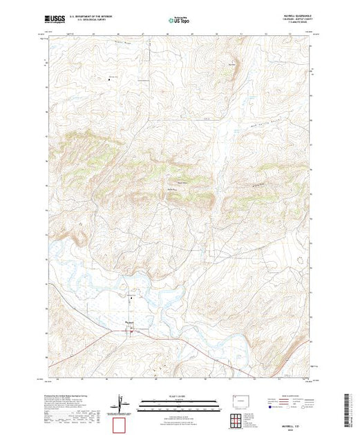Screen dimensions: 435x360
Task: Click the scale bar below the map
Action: coord(179,401)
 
